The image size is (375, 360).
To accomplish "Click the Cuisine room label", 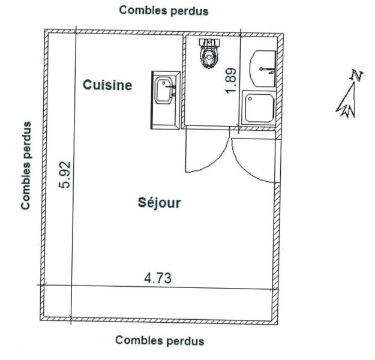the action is click(x=107, y=85).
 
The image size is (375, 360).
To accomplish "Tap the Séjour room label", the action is click(x=159, y=203).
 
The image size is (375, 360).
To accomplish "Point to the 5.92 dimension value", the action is click(x=65, y=175).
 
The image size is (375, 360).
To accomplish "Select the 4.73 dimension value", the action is click(x=158, y=278).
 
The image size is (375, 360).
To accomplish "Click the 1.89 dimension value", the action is click(x=231, y=81).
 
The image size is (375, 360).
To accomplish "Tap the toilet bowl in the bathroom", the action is click(x=209, y=57).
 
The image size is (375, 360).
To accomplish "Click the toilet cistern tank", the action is click(x=209, y=42).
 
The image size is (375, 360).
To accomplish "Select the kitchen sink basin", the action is click(x=164, y=90).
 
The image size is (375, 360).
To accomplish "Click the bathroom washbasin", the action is click(x=263, y=68).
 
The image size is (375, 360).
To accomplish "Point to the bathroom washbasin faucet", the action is click(x=268, y=70).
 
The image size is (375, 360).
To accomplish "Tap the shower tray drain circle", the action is click(x=250, y=98).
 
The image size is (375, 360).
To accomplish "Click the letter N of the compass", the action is click(x=356, y=75).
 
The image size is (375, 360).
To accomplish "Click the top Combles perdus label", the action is click(x=164, y=11).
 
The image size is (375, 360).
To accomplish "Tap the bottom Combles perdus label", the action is click(x=160, y=340).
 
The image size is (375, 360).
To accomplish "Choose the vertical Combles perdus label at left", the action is click(x=26, y=166).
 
